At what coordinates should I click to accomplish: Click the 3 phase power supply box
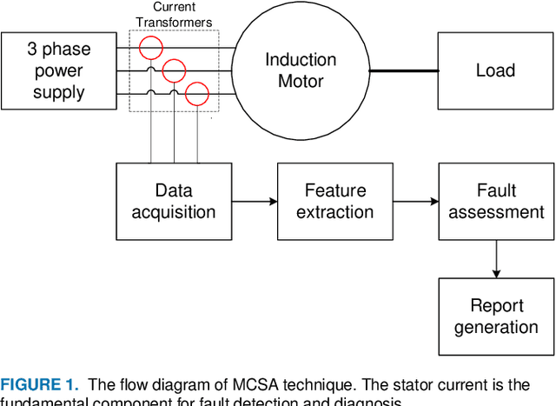[59, 70]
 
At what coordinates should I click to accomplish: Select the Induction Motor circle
[301, 70]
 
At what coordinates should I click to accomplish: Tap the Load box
[495, 70]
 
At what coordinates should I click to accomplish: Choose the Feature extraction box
[335, 201]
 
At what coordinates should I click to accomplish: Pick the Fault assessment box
[496, 201]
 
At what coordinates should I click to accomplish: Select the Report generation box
[496, 316]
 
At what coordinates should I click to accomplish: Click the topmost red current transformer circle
[152, 47]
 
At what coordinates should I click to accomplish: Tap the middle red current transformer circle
[175, 70]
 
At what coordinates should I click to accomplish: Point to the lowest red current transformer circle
[197, 94]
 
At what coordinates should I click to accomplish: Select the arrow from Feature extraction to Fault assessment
[415, 201]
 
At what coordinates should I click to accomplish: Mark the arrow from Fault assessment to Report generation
[496, 259]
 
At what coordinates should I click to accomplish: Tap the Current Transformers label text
[174, 15]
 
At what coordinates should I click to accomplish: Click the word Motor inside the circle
[301, 82]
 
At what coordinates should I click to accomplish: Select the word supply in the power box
[59, 92]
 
